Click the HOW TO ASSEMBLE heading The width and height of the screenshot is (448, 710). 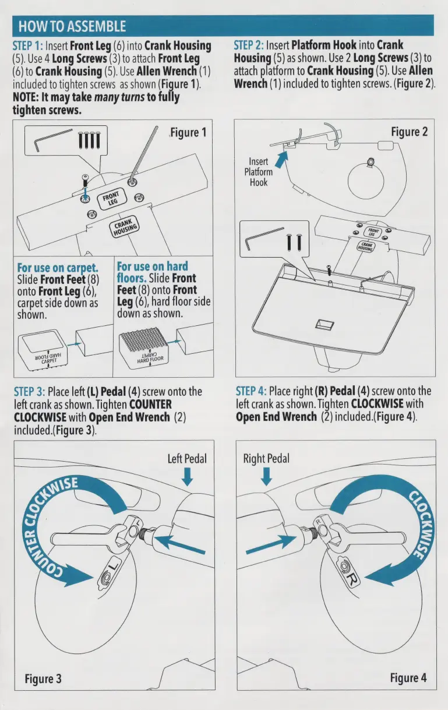[72, 26]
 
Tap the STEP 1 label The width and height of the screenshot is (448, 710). [28, 45]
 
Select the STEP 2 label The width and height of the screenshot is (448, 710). [249, 45]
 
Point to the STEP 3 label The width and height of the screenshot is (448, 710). [29, 392]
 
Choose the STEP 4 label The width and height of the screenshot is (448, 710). [251, 392]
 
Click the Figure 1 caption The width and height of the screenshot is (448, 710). [188, 132]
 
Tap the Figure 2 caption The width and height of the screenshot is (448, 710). [409, 132]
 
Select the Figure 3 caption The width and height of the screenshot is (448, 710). [43, 679]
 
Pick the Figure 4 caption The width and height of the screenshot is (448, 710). [408, 678]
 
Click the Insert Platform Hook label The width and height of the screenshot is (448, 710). [258, 172]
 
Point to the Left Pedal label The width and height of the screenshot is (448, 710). [188, 458]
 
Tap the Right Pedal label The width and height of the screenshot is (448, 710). [266, 458]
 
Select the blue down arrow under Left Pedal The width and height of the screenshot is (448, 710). [187, 477]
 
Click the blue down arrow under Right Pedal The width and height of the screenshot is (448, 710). [266, 477]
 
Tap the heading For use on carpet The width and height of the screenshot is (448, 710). [57, 268]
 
